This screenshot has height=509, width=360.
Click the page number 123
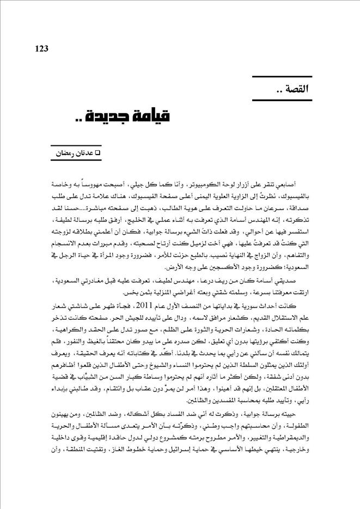tap(41, 48)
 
